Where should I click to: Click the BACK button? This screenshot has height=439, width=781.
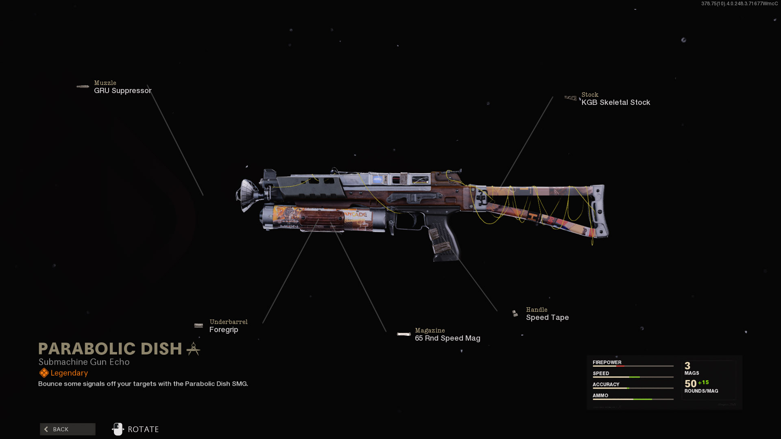[68, 429]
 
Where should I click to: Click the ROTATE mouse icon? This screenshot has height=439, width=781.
[118, 429]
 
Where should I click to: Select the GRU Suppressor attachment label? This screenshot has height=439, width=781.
[122, 91]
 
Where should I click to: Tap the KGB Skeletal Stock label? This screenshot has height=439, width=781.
[615, 102]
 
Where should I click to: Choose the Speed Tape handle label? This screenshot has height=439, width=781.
[547, 317]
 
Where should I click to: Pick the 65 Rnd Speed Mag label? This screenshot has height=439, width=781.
[447, 338]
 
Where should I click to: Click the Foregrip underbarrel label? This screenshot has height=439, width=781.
[224, 330]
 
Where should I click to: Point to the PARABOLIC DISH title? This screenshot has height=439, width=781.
[110, 349]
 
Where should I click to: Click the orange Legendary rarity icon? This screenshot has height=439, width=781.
[44, 373]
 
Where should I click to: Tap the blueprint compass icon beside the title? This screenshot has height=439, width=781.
[194, 349]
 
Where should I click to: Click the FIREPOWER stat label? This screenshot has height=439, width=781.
[607, 362]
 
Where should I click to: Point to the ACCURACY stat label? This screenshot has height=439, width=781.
[606, 384]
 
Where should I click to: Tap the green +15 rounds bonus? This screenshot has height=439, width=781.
[703, 382]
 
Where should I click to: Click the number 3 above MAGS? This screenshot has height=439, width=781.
[687, 366]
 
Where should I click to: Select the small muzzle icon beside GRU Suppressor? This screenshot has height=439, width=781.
[83, 87]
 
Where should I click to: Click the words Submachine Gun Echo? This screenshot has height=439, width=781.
[84, 362]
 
